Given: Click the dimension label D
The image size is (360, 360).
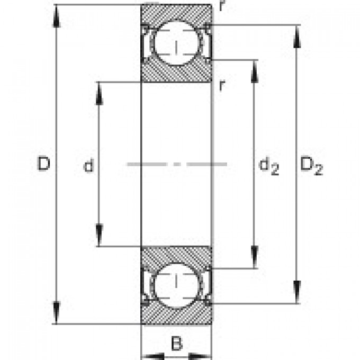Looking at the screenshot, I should (44, 165).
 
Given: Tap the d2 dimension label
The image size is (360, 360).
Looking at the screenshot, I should (268, 168).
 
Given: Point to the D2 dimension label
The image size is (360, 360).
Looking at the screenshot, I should (311, 167).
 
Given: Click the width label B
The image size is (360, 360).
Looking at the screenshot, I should (177, 344).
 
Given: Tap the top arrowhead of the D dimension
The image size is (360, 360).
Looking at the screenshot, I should (57, 16).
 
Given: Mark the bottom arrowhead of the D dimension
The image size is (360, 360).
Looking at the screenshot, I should (57, 313).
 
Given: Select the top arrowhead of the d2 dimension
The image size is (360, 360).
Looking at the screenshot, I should (255, 71).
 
